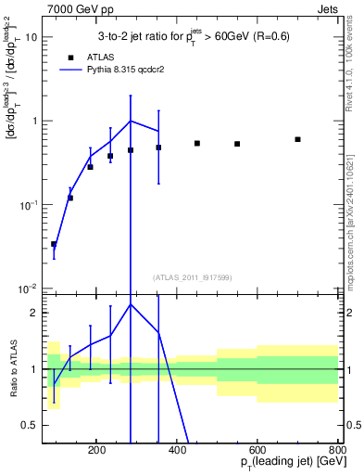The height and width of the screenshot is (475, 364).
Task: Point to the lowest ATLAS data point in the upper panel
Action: pyautogui.click(x=54, y=244)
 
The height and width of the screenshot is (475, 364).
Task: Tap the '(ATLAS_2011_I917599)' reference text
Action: pyautogui.click(x=191, y=276)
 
